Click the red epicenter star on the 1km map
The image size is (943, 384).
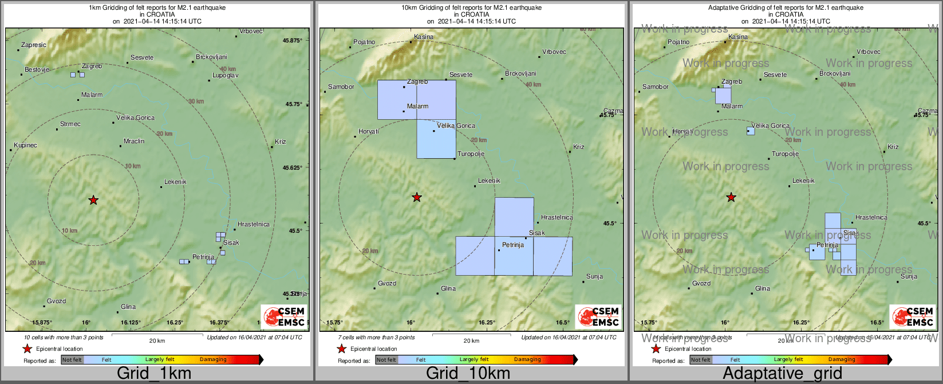(93, 200)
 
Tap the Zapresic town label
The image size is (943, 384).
(34, 45)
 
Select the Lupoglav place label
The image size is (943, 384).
(225, 76)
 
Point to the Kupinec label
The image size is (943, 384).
(25, 146)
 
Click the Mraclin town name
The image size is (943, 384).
(134, 142)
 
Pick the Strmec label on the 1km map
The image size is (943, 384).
(70, 124)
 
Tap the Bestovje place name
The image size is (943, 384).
(37, 70)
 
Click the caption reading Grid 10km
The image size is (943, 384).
(468, 374)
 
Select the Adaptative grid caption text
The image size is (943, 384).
(782, 374)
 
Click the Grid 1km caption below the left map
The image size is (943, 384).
(154, 374)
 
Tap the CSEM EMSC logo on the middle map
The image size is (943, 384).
(598, 317)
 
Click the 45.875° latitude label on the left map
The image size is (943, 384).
(293, 41)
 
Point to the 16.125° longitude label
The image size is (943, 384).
(131, 323)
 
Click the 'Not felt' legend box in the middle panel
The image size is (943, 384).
(386, 360)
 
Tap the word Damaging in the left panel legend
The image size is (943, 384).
(213, 360)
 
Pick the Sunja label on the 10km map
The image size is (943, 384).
(594, 277)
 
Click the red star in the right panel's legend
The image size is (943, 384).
(657, 349)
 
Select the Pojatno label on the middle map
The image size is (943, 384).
(364, 42)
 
